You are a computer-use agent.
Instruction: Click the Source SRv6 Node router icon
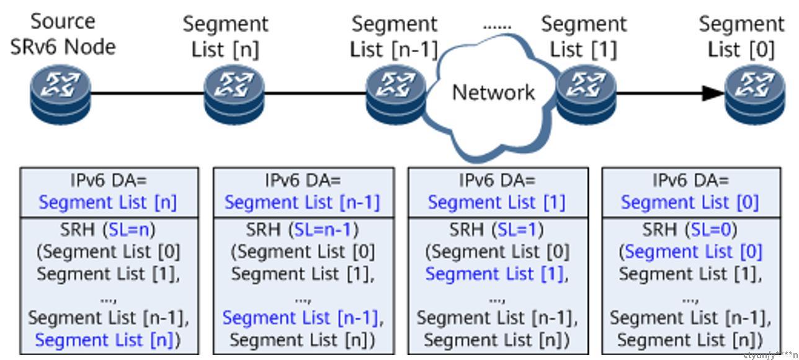[61, 94]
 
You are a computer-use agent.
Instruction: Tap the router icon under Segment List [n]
[234, 94]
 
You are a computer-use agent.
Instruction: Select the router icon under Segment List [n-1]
[396, 94]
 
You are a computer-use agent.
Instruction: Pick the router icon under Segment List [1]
[586, 94]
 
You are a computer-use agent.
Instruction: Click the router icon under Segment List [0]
[756, 94]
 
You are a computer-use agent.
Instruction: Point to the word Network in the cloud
[494, 92]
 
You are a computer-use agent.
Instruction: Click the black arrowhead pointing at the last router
[713, 94]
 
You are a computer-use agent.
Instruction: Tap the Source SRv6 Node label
[63, 34]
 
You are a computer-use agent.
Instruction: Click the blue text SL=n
[129, 230]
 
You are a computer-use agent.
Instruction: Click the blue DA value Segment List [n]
[108, 203]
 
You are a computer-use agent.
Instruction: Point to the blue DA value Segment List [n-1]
[302, 203]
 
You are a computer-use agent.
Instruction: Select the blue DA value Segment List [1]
[496, 203]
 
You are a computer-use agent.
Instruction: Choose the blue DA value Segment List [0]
[690, 203]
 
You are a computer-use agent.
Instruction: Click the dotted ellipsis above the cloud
[497, 27]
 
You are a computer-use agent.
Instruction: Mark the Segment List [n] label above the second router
[225, 37]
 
